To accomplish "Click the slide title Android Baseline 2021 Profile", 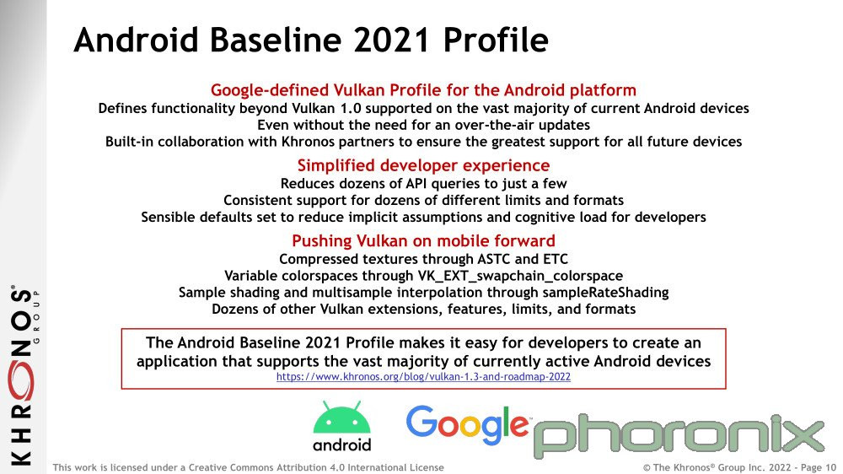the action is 311,40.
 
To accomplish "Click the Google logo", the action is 467,426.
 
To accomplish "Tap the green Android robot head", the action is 342,417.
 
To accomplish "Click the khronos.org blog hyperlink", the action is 424,377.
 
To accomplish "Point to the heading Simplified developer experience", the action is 424,165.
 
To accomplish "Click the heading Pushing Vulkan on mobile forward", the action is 424,240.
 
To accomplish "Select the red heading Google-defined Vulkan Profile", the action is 424,90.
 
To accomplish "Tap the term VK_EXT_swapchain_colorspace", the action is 520,276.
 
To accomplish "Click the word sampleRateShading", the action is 605,292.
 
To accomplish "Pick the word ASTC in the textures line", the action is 494,259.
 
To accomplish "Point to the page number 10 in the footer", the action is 830,467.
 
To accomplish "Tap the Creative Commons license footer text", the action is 249,467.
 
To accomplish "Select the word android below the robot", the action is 342,445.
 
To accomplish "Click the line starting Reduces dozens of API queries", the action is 424,184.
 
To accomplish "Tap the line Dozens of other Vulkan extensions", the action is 424,310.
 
